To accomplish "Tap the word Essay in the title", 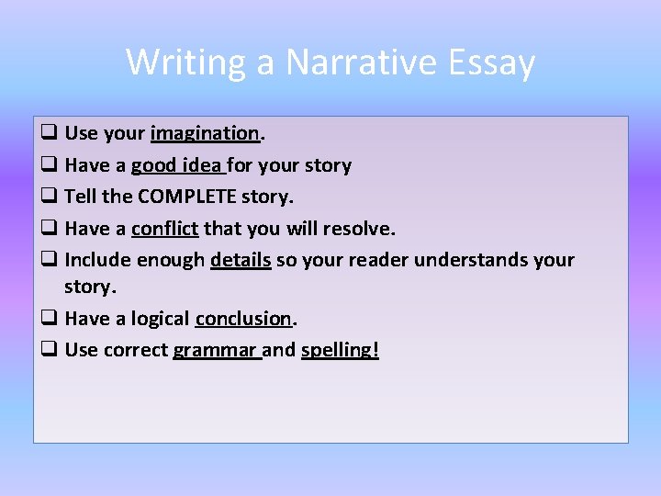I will pos(492,62).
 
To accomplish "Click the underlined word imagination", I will pos(206,133).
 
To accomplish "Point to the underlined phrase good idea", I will pos(176,165).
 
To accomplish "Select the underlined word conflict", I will pos(165,228).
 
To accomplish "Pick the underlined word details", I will pos(241,260).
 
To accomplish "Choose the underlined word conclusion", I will pos(243,319).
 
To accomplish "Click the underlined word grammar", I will pos(217,350).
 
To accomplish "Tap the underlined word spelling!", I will pos(340,350).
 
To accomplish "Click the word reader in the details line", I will pos(379,260).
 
